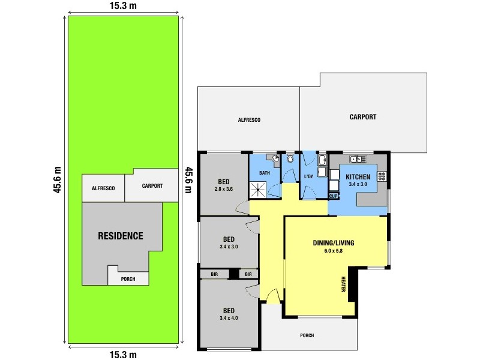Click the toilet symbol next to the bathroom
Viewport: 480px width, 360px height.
point(290,160)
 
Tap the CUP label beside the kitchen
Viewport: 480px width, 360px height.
point(334,196)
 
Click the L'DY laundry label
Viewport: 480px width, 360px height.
point(310,176)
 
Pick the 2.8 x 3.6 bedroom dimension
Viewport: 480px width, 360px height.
point(223,189)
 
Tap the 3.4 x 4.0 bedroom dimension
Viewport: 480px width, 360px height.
point(229,318)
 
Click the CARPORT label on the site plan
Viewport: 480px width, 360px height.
point(152,186)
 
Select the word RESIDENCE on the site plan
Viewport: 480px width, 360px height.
point(121,236)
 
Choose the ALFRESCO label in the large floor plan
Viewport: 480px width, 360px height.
point(248,120)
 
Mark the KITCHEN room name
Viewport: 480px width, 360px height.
point(358,176)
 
